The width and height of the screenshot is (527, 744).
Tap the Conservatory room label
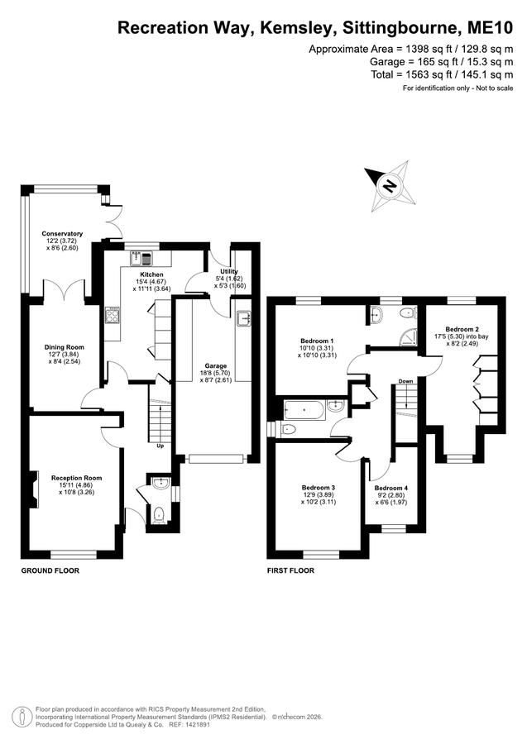62,233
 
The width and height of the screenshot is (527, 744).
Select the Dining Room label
65,347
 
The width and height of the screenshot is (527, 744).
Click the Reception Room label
76,478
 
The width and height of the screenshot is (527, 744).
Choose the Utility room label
229,271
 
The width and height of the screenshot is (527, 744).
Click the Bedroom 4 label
391,488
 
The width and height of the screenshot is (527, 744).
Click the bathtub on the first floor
304,410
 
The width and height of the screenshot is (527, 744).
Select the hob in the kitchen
113,316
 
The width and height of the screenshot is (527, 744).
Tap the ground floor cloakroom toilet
160,514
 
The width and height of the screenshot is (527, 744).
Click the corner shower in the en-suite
410,336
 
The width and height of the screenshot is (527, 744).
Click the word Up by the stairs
161,446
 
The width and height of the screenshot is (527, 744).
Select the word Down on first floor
405,381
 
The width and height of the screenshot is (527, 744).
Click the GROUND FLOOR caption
50,570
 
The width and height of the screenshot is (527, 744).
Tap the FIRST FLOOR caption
290,570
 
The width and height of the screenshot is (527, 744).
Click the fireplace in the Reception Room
34,489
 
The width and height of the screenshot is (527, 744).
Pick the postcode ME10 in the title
490,27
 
